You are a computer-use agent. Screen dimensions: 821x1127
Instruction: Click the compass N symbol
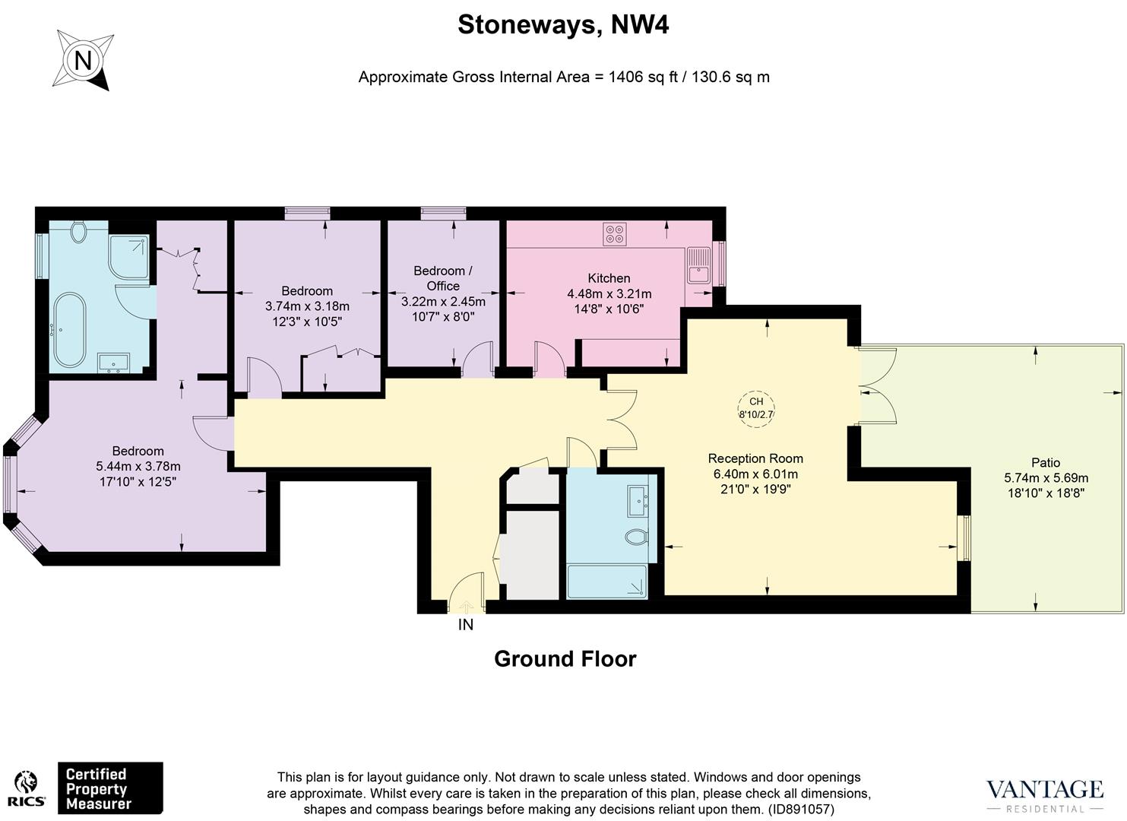pos(83,60)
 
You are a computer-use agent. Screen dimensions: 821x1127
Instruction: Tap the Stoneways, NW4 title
pos(563,25)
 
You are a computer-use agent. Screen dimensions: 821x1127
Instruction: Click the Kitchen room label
pos(609,278)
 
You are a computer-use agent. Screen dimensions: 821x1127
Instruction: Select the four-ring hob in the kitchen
pos(615,233)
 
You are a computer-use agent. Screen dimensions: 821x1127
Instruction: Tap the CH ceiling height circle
pos(756,408)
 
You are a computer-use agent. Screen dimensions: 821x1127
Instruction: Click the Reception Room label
pos(755,458)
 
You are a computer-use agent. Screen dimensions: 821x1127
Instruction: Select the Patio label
pos(1046,462)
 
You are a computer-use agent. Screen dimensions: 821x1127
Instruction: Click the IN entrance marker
pos(466,625)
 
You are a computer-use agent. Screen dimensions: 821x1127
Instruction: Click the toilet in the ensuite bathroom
pos(78,232)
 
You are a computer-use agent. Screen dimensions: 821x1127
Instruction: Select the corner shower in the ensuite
pos(129,255)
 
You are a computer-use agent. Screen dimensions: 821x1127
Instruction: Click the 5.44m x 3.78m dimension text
pos(138,466)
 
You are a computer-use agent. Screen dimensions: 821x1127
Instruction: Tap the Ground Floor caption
pos(565,658)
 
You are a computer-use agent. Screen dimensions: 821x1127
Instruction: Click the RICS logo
pos(27,791)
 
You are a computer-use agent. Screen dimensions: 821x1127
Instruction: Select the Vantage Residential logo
pos(1044,794)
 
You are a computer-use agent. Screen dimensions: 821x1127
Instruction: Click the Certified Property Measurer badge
pos(111,788)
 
